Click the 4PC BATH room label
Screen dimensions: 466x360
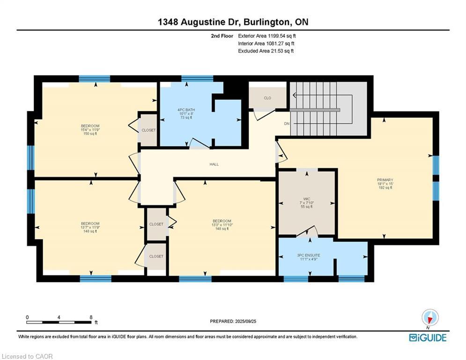pyautogui.click(x=186, y=110)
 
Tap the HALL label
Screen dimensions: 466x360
pyautogui.click(x=214, y=164)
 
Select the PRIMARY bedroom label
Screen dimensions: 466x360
pyautogui.click(x=385, y=180)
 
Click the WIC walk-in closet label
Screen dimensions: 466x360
pyautogui.click(x=307, y=199)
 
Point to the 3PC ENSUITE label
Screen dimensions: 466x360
pyautogui.click(x=309, y=255)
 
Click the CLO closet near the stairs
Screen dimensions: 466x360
pyautogui.click(x=267, y=98)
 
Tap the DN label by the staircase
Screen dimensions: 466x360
pyautogui.click(x=287, y=124)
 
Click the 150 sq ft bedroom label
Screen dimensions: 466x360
pyautogui.click(x=90, y=130)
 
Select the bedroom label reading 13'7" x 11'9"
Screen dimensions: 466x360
pyautogui.click(x=90, y=227)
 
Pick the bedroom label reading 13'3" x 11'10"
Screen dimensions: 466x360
pyautogui.click(x=222, y=225)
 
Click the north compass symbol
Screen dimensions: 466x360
pyautogui.click(x=430, y=318)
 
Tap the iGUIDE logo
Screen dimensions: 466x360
pyautogui.click(x=428, y=337)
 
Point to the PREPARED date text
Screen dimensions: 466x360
pyautogui.click(x=233, y=321)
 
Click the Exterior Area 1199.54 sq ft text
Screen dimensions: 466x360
pyautogui.click(x=267, y=36)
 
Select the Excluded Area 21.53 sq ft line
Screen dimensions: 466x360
pyautogui.click(x=266, y=51)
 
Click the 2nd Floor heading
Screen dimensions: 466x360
pyautogui.click(x=222, y=36)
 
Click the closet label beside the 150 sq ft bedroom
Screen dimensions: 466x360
pyautogui.click(x=148, y=130)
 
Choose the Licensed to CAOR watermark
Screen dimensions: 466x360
pyautogui.click(x=27, y=356)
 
